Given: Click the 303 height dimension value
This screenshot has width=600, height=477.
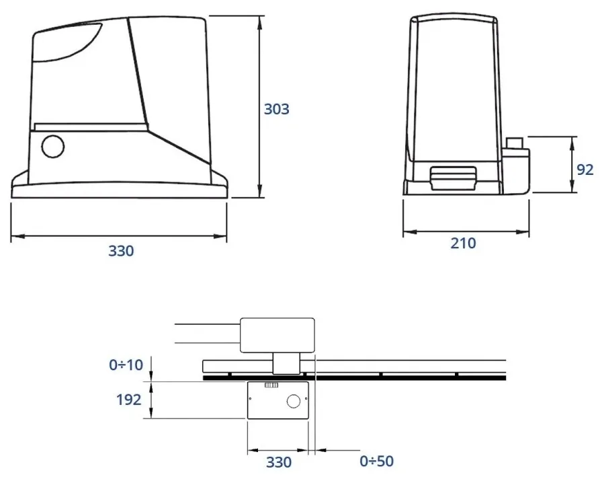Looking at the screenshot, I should [276, 109].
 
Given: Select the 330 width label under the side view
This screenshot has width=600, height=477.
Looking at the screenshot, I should [121, 251].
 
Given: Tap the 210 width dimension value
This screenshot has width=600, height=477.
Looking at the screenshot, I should [463, 243].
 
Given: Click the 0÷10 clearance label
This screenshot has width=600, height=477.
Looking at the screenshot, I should [126, 365].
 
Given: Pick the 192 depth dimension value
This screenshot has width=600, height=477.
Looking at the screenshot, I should [128, 400].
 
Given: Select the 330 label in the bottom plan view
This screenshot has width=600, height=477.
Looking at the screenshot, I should [278, 462].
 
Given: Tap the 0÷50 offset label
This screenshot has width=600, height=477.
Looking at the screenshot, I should [376, 462].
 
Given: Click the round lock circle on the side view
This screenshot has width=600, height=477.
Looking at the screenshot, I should [52, 146].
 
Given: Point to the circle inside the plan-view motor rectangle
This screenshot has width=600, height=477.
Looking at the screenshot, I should [294, 401].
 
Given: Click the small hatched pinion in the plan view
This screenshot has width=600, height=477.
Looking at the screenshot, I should [271, 386].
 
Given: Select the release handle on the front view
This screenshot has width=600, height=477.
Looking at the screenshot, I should [453, 177].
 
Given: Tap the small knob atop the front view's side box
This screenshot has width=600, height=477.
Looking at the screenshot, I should [516, 142].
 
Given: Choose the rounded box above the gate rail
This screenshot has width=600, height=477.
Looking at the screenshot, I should [277, 334].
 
